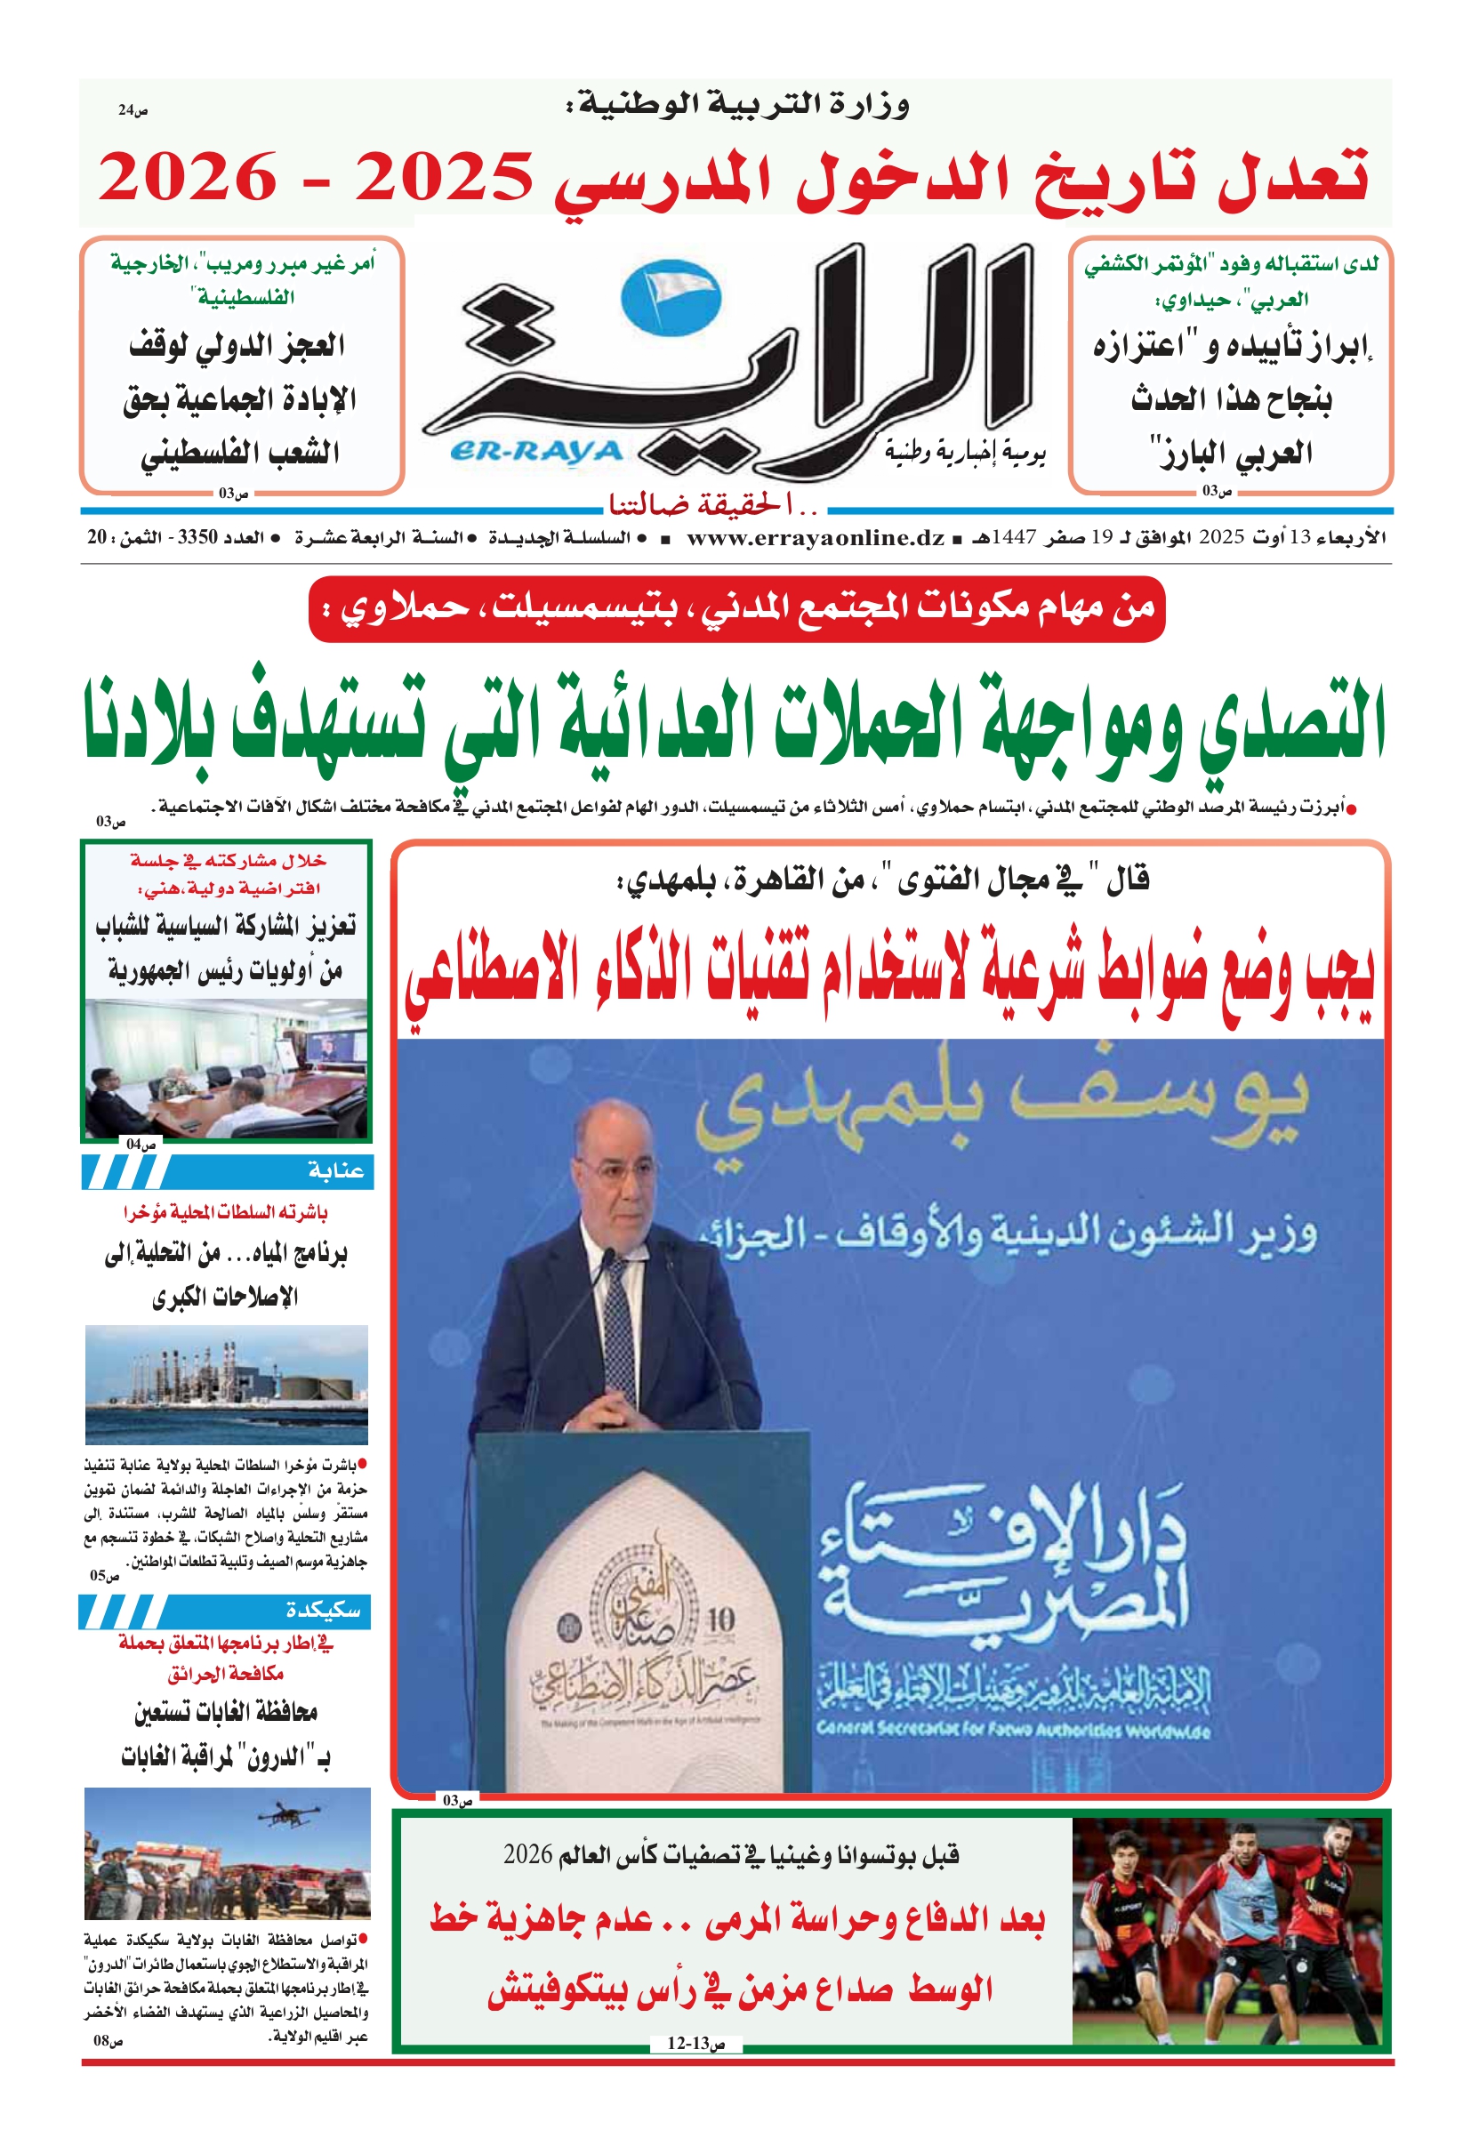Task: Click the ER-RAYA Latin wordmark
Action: (535, 452)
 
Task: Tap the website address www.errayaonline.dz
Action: (816, 537)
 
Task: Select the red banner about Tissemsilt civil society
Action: (736, 609)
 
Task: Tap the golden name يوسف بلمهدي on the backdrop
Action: (1001, 1104)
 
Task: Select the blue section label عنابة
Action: (335, 1171)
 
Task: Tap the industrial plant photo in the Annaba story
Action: (226, 1385)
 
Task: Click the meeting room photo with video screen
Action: (226, 1068)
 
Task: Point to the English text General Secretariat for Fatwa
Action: (1012, 1730)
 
